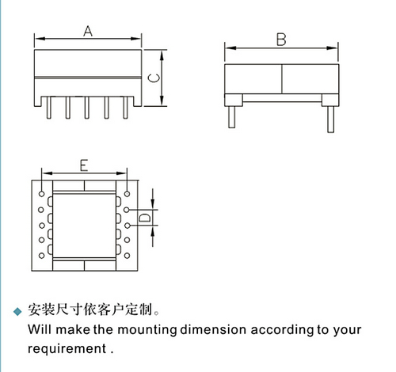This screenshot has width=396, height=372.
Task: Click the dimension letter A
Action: point(88,31)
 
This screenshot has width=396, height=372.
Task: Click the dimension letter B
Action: point(281,40)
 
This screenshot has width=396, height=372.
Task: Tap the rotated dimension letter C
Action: point(154,78)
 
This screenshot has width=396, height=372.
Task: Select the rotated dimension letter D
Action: point(145,218)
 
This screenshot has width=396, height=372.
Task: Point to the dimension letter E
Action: point(84,165)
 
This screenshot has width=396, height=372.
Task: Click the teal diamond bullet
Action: point(18,311)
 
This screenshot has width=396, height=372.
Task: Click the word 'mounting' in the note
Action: point(147,330)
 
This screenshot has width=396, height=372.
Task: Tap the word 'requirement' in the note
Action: point(67,349)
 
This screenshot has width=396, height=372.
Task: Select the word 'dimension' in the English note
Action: point(213,329)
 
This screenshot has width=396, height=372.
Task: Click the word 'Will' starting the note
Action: point(40,329)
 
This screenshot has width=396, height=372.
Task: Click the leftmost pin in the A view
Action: point(49,108)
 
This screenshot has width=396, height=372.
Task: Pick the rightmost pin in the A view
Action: point(126,108)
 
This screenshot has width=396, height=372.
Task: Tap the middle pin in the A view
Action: point(87,108)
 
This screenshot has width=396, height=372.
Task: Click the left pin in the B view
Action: point(232,117)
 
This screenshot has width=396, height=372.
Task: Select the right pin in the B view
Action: point(330,120)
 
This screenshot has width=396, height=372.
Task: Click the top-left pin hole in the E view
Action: point(41,194)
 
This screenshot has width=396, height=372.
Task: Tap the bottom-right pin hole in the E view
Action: point(127,256)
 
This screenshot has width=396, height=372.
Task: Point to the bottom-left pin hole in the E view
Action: point(41,256)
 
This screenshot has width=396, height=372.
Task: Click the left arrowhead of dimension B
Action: point(230,48)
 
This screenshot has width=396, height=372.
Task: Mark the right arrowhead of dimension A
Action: point(135,39)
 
